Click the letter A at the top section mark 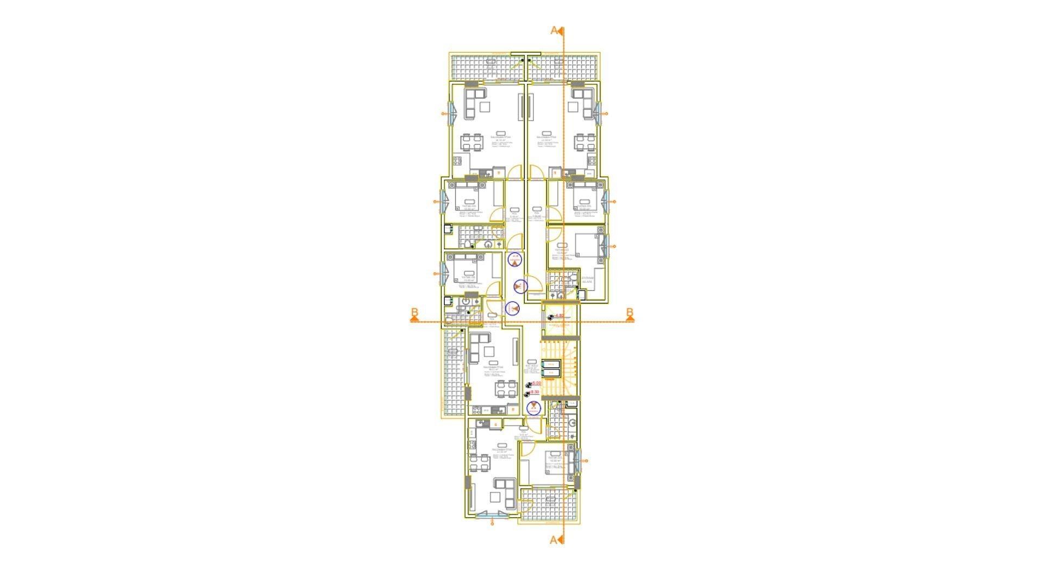click(554, 30)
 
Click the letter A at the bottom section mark click(554, 540)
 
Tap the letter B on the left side click(414, 313)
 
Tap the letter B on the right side click(630, 313)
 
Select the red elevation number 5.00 click(536, 384)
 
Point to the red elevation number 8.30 click(535, 392)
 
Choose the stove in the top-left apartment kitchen click(78, 161)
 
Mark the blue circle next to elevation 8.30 click(535, 408)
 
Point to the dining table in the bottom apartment click(99, 464)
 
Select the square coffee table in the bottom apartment click(115, 497)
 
